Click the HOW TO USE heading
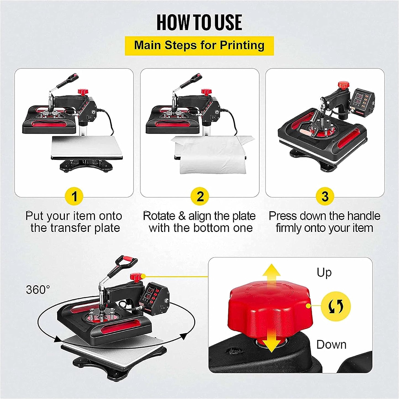click(x=199, y=23)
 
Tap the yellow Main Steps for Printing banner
click(x=199, y=46)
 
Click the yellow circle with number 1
click(x=74, y=197)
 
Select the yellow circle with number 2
click(x=200, y=197)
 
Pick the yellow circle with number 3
click(x=325, y=197)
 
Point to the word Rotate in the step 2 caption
click(x=159, y=216)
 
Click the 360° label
click(x=38, y=290)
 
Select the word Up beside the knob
click(x=324, y=273)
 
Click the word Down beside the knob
click(x=331, y=345)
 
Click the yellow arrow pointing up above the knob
click(x=271, y=273)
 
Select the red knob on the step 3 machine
click(x=343, y=85)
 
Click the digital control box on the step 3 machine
click(x=363, y=101)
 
